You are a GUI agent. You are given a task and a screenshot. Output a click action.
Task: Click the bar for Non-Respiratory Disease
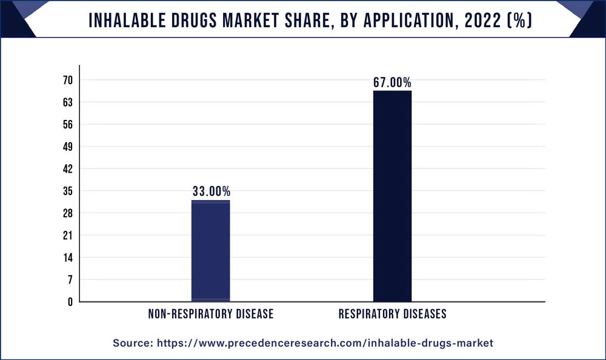210,250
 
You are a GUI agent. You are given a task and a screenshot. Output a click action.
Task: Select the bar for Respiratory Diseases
392,196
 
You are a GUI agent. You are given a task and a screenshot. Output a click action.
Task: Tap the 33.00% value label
211,192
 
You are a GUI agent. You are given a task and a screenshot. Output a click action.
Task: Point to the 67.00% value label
392,82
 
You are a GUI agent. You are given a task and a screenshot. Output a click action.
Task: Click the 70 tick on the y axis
67,80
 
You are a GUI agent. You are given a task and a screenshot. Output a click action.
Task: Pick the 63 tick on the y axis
67,102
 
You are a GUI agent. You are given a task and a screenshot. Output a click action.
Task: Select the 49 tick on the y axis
67,147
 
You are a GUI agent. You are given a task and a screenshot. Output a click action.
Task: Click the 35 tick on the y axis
67,191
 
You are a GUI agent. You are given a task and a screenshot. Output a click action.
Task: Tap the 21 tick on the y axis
67,235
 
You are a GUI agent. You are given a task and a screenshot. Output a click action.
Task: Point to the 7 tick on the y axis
70,279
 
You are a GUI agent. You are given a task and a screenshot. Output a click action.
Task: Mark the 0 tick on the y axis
70,301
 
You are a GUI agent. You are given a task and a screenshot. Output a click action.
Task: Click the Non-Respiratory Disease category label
211,314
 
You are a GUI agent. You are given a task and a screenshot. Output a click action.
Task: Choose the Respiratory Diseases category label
392,314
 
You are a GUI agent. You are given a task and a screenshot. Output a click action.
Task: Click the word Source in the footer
132,343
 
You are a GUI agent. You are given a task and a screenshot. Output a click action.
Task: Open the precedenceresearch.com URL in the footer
325,343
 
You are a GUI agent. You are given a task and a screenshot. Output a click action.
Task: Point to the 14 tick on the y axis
67,257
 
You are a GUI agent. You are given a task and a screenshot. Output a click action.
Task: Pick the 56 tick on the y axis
67,124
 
